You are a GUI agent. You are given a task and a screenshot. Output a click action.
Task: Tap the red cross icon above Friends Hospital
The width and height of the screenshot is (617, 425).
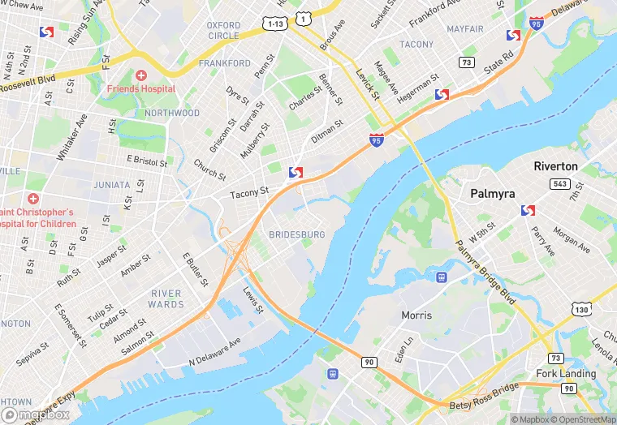[x=141, y=75]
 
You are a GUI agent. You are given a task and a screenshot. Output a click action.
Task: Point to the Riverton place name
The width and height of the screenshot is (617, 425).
[x=555, y=166]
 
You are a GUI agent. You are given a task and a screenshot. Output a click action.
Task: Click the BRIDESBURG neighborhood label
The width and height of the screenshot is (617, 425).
[x=296, y=234]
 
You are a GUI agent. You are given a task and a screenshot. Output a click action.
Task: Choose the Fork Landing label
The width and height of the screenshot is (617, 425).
[x=565, y=374]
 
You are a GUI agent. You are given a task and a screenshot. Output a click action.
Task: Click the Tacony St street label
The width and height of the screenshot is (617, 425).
[x=249, y=193]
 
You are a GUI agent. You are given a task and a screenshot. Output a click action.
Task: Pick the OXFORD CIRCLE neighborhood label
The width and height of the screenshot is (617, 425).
[x=223, y=31]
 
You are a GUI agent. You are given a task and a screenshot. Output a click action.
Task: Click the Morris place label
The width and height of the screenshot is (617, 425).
[x=416, y=315]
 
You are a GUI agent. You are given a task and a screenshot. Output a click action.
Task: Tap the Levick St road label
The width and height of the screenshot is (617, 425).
[x=367, y=84]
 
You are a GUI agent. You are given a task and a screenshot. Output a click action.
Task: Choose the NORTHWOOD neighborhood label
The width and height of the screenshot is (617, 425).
[x=172, y=113]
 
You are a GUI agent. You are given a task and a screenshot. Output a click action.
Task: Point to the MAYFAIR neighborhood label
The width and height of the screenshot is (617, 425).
[x=464, y=28]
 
